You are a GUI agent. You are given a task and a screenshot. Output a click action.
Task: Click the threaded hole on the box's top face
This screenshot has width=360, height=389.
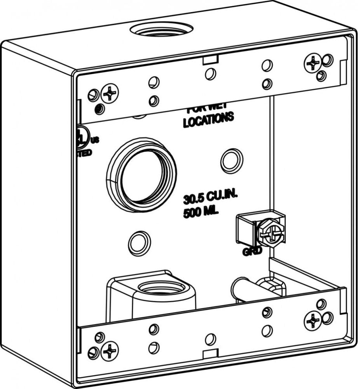click(161, 30)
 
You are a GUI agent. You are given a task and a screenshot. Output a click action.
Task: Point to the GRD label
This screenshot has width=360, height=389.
click(252, 252)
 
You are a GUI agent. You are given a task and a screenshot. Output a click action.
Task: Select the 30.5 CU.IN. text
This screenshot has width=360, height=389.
click(210, 197)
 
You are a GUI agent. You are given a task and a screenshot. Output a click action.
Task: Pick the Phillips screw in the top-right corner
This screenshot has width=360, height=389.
click(313, 63)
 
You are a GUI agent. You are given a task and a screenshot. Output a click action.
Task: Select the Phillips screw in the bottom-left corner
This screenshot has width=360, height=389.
click(110, 351)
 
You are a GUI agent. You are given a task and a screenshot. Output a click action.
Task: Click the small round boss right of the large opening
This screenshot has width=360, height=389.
click(232, 161)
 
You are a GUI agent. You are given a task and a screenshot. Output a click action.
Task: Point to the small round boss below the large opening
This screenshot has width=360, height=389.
click(140, 244)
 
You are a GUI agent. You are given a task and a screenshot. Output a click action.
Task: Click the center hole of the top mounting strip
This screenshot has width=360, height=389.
click(210, 73)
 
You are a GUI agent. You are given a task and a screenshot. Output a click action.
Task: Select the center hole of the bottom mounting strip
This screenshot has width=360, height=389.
click(210, 339)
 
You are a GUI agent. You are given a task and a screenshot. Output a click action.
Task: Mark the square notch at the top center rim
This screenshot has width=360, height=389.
click(210, 59)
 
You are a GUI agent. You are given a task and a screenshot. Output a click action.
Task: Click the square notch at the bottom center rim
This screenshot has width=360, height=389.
click(210, 353)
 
